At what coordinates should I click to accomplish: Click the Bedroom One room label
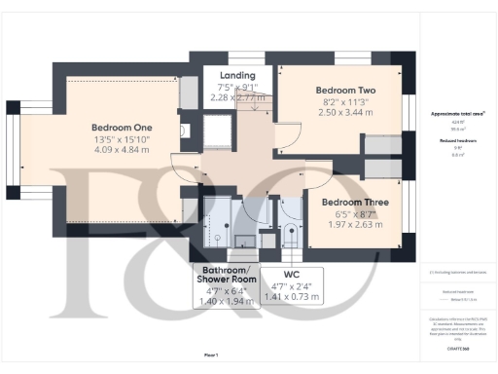click(122, 128)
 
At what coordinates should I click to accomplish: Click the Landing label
click(237, 75)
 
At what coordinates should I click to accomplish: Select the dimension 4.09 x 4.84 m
click(123, 151)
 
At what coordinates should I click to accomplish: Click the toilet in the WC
click(289, 233)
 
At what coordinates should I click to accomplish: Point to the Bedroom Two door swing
click(285, 136)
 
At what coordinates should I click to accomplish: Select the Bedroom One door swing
click(183, 168)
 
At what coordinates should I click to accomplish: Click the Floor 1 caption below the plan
click(211, 356)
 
